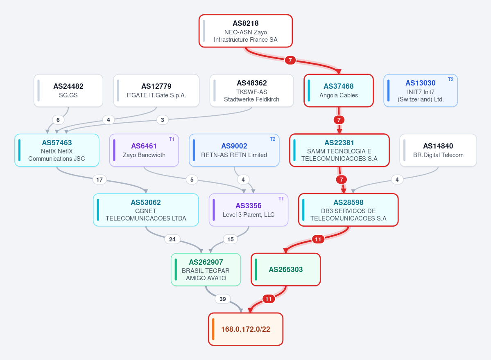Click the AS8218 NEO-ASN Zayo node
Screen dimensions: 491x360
point(246,31)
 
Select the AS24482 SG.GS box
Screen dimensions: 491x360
point(68,91)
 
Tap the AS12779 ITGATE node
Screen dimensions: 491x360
point(156,91)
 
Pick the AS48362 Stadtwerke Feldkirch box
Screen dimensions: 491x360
point(251,91)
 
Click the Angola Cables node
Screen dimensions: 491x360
point(339,91)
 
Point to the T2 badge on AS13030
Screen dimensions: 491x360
point(450,79)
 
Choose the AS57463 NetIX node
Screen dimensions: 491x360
point(57,150)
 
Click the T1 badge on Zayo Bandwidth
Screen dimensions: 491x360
point(172,139)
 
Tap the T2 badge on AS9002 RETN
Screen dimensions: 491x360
point(272,139)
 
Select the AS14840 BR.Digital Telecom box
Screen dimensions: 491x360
point(438,150)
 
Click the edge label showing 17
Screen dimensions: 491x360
point(100,180)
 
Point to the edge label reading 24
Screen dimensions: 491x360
point(172,239)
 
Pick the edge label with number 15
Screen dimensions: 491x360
point(231,239)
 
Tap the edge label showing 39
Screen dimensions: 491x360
point(223,299)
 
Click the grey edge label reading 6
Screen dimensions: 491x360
point(58,120)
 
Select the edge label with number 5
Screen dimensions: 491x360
point(192,180)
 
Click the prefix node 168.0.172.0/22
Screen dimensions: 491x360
point(246,329)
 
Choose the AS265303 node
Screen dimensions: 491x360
point(285,270)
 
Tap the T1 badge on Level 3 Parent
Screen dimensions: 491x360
point(281,199)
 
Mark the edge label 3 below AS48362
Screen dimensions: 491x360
point(163,120)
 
